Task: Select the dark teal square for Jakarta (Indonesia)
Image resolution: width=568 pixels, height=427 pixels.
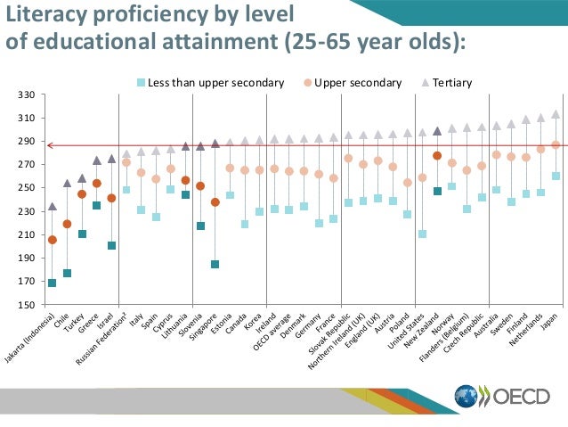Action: (x=53, y=283)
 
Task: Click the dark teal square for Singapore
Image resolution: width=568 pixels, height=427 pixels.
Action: (x=215, y=264)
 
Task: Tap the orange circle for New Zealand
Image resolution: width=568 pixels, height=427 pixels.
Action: (x=437, y=156)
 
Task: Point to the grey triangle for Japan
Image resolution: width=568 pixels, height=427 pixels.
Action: (x=556, y=114)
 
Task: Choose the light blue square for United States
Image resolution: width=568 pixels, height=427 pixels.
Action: (x=422, y=234)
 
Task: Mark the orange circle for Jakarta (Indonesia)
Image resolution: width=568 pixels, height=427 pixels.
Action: (x=53, y=240)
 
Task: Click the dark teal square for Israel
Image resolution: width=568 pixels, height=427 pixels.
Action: (x=111, y=245)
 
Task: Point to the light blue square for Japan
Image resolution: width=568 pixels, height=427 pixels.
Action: (x=556, y=177)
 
